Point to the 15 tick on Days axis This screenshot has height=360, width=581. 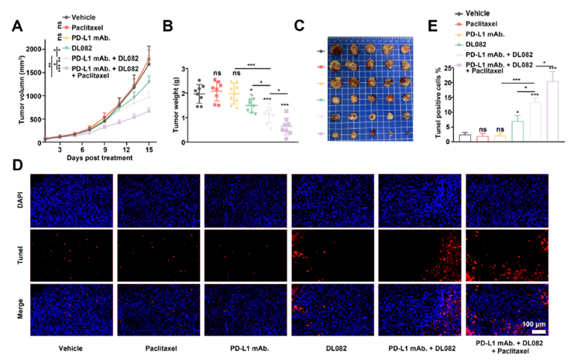[149, 147]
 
